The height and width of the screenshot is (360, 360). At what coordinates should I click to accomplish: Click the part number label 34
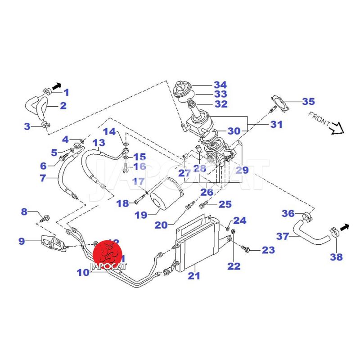click(220, 85)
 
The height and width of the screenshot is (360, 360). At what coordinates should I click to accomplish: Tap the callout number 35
click(308, 101)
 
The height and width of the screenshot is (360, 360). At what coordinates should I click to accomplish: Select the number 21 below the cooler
click(194, 276)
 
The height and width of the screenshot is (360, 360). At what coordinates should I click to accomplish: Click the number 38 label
click(336, 257)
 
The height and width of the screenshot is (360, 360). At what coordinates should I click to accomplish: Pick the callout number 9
click(22, 241)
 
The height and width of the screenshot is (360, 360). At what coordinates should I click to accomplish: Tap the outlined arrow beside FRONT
click(337, 130)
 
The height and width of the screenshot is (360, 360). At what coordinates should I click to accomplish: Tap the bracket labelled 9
click(54, 243)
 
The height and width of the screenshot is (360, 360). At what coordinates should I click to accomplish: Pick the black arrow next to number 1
click(56, 85)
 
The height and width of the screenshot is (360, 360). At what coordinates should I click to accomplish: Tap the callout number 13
click(99, 144)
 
